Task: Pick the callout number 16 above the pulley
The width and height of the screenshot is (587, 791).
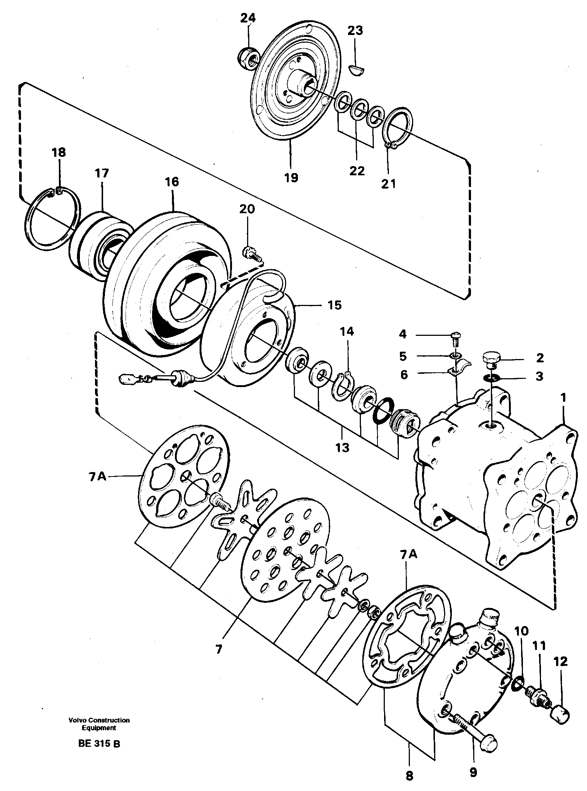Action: (172, 182)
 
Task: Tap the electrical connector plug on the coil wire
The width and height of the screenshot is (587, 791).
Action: (128, 378)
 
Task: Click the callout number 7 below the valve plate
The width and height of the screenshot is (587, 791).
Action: (219, 650)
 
